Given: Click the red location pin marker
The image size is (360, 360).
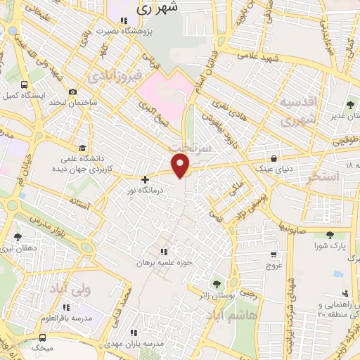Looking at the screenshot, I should [181, 165].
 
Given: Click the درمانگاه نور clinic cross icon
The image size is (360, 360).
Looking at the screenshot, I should [145, 179].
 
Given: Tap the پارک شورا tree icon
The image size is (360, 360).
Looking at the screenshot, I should [330, 236].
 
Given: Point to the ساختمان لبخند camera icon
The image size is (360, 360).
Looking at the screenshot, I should [72, 92].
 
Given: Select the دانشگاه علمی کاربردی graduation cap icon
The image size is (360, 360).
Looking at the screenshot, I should [83, 148].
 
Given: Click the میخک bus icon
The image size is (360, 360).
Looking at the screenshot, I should [25, 347].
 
